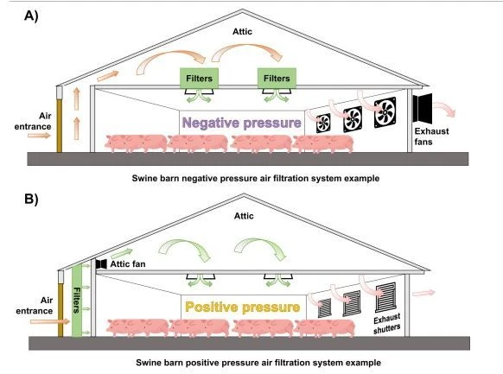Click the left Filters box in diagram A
pos(199,79)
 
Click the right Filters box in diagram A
pos(277,79)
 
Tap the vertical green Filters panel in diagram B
pos(77,301)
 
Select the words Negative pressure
pos(241,123)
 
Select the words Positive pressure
pos(243,307)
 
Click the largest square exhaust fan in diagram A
pos(385,112)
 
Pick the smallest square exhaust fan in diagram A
pos(323,123)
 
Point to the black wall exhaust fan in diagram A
pos(422,108)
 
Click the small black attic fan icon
pos(101,264)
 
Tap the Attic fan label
pos(128,264)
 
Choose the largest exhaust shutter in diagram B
pos(385,297)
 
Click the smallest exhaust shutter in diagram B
pos(325,308)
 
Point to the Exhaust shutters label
pos(387,324)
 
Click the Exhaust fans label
pos(431,136)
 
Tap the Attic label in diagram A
pos(242,31)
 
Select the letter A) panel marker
pos(31,16)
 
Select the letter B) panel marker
pos(31,199)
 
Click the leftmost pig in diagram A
pos(136,143)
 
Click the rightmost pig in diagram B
pos(325,328)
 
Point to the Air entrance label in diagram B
pos(35,306)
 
